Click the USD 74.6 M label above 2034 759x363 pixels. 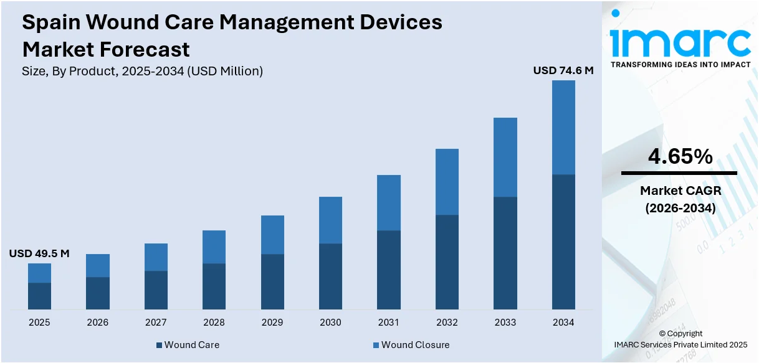click(563, 71)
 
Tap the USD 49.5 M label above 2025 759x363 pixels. click(39, 253)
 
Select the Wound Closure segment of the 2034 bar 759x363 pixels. click(563, 127)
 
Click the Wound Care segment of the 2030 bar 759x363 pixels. click(330, 276)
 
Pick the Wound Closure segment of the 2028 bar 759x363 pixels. click(214, 247)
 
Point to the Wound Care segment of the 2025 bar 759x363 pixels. click(39, 296)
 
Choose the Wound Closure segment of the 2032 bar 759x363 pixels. click(447, 182)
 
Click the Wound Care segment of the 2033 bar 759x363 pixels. click(505, 253)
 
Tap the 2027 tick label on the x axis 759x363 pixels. click(156, 322)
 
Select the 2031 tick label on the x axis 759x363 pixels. click(389, 322)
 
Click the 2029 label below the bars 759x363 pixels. click(272, 322)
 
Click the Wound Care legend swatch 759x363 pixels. click(159, 345)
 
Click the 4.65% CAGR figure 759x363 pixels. click(680, 157)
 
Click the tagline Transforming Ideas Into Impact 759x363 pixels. click(680, 64)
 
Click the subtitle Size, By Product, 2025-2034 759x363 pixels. click(142, 71)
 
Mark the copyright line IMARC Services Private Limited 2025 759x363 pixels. click(680, 344)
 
